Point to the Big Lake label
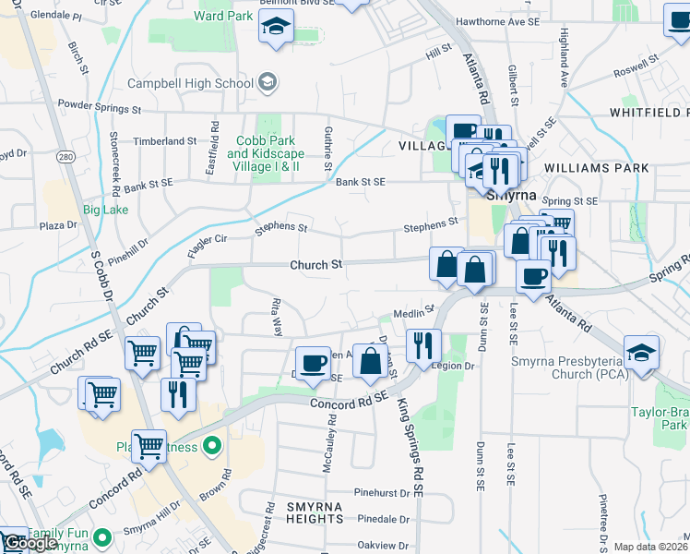pyautogui.click(x=104, y=210)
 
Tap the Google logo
pyautogui.click(x=30, y=543)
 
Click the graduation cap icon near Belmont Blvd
pyautogui.click(x=276, y=30)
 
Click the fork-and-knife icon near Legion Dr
pyautogui.click(x=422, y=345)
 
